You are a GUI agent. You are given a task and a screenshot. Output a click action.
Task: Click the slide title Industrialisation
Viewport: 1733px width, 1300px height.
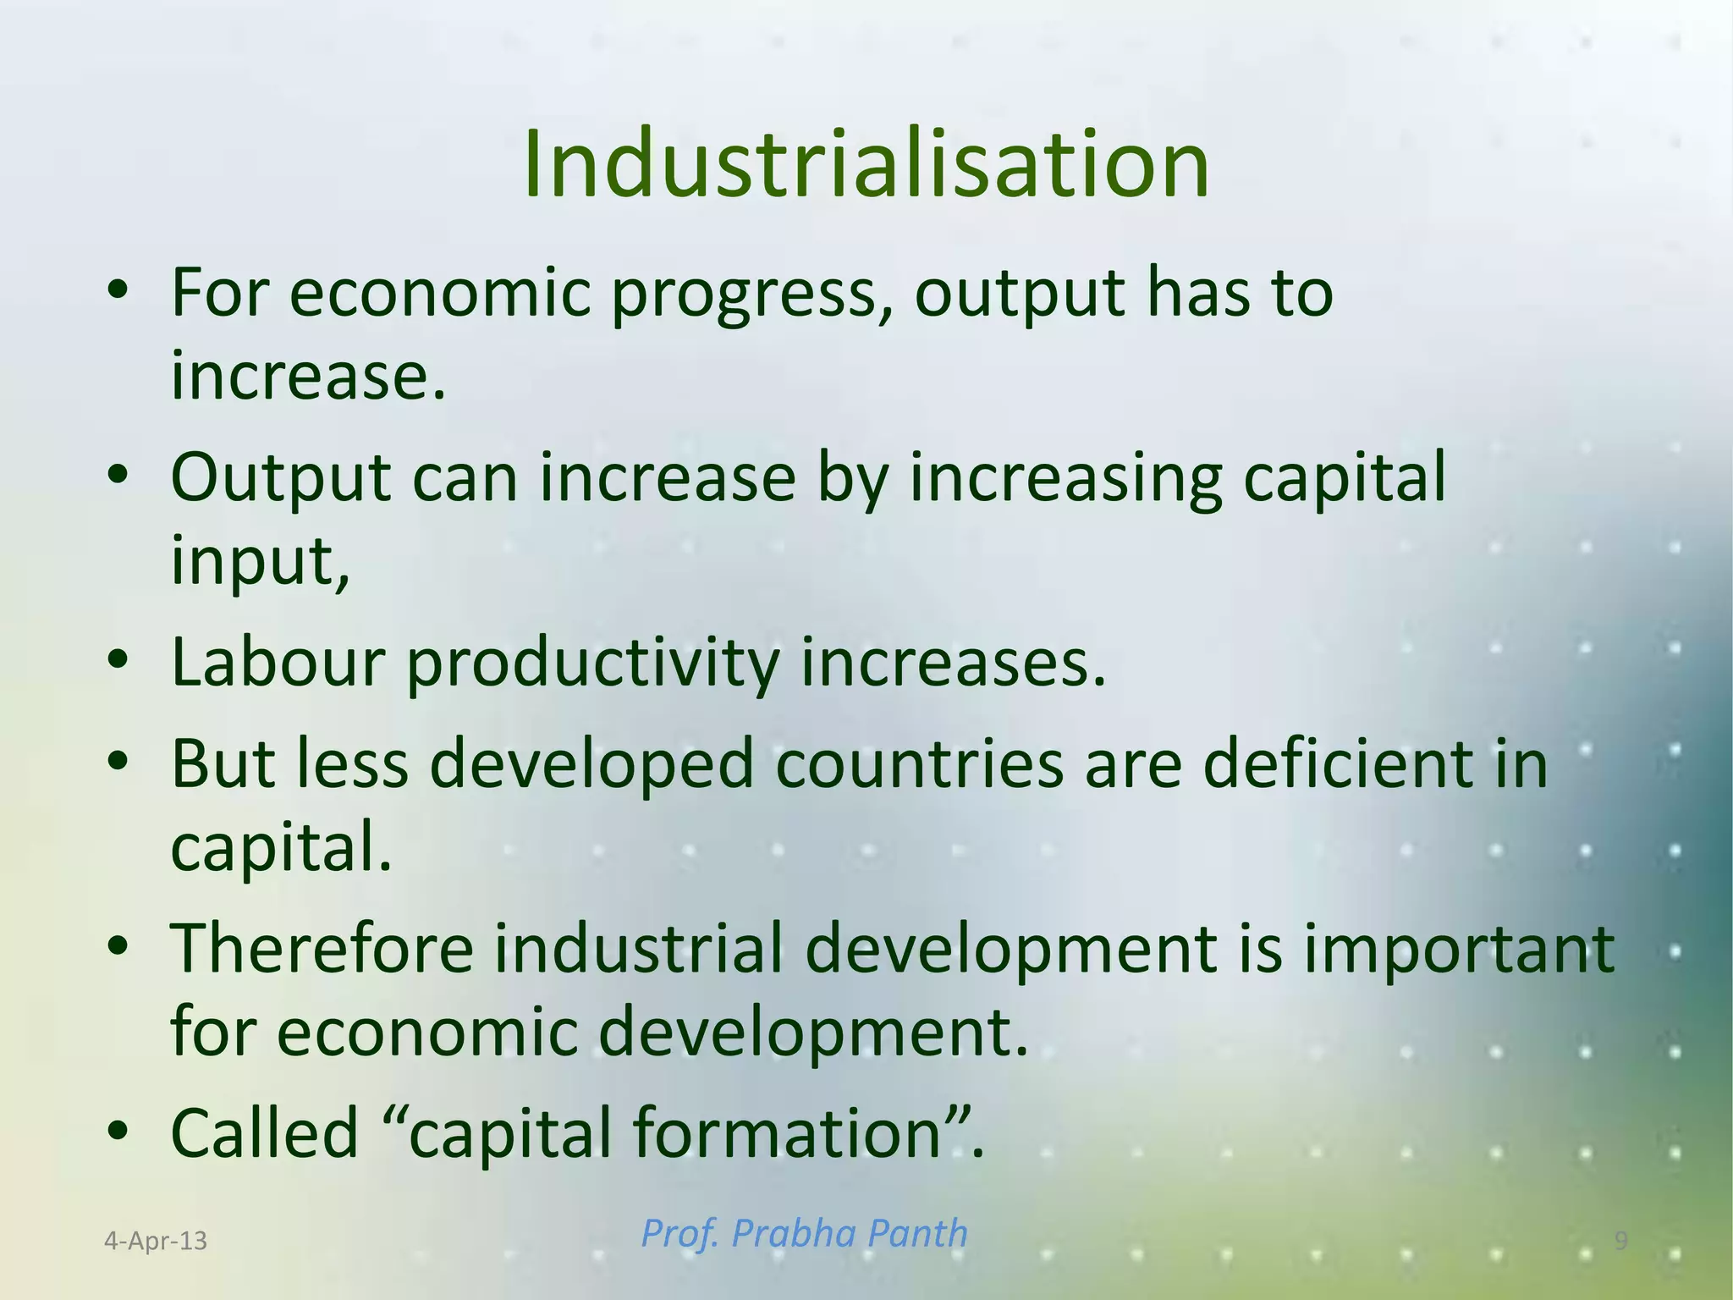click(x=866, y=165)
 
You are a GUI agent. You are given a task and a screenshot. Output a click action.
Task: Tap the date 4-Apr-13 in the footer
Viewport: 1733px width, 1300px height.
click(x=156, y=1241)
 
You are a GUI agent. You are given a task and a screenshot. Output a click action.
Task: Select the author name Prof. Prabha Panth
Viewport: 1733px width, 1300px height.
click(x=804, y=1233)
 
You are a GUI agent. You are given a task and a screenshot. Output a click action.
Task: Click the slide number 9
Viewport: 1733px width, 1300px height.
click(x=1620, y=1241)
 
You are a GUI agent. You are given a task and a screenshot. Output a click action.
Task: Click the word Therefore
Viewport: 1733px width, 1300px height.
click(x=322, y=949)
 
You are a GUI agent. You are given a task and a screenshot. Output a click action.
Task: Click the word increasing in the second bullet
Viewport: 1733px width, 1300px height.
click(x=1066, y=479)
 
